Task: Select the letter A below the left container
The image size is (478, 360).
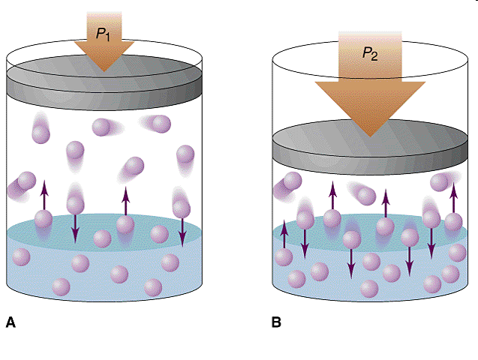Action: [11, 323]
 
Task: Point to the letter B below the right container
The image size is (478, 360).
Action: [276, 323]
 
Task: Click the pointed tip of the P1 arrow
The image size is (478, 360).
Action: [105, 70]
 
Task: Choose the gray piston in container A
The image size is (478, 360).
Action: [104, 82]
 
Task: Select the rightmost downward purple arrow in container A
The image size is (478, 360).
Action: [182, 229]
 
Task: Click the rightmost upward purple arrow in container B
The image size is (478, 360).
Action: [453, 196]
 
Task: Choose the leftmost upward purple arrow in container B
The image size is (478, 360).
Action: [284, 236]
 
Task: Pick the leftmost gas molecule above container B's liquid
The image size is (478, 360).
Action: [288, 182]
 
